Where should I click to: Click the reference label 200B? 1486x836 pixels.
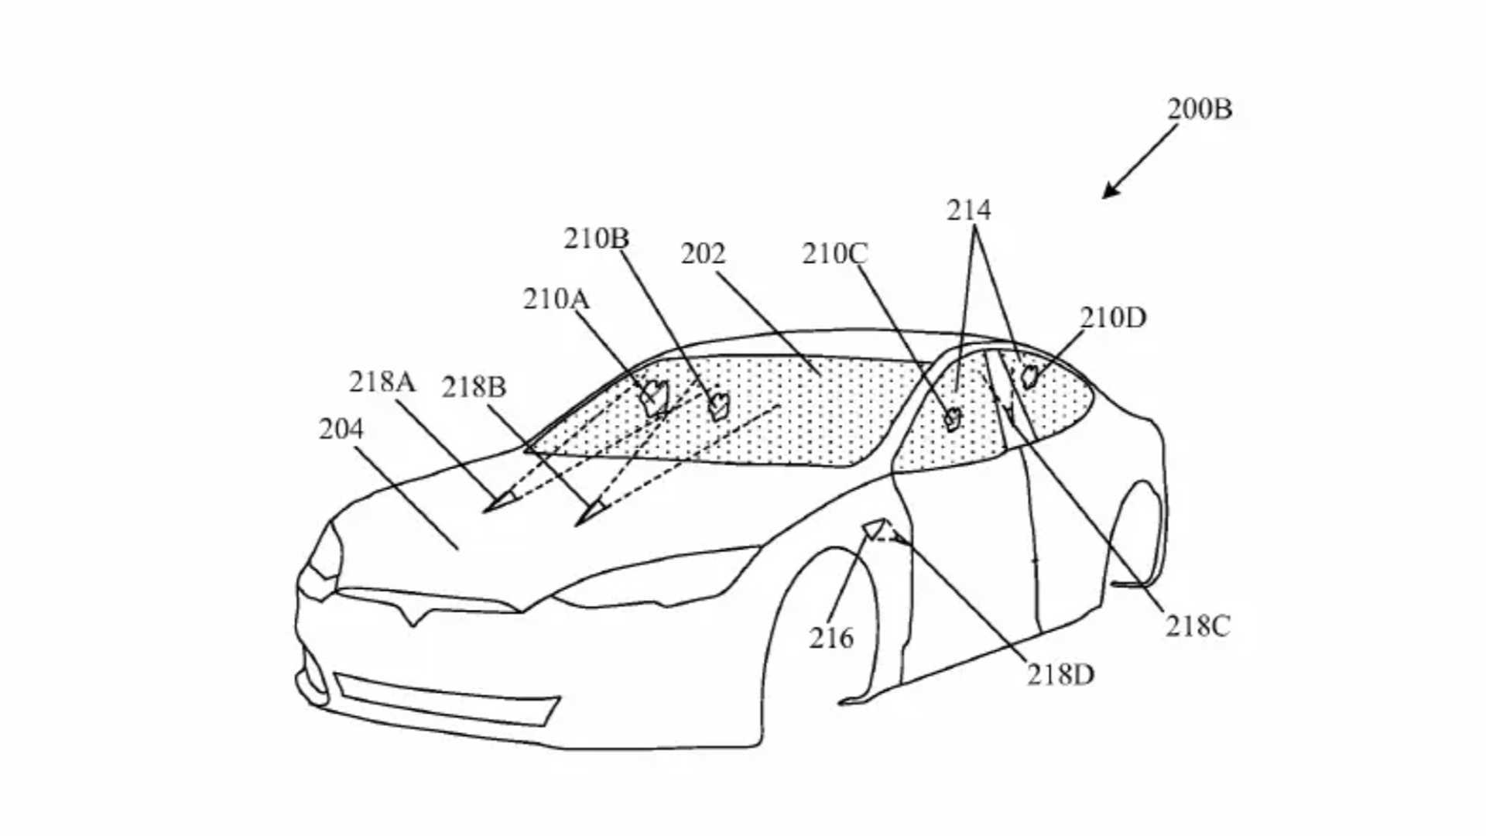[1199, 109]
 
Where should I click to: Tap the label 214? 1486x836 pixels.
[968, 211]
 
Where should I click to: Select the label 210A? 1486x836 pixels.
[556, 300]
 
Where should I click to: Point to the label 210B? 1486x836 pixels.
[596, 238]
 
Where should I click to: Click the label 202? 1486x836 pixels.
[703, 254]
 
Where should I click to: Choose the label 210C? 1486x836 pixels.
[834, 254]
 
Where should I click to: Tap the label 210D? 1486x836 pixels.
[1112, 317]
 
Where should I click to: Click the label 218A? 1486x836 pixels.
[382, 382]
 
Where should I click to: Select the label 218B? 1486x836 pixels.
[474, 387]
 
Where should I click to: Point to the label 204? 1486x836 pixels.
[341, 429]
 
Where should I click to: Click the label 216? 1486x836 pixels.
[831, 639]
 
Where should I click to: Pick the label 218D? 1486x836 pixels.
[1060, 676]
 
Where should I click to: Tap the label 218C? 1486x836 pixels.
[1197, 626]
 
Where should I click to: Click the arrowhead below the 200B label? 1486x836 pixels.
[1110, 191]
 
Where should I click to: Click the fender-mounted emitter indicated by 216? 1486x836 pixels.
[875, 529]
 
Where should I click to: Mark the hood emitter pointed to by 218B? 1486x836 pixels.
[591, 513]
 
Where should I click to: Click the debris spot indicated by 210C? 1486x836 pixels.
[952, 419]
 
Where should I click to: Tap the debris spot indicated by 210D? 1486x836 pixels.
[1029, 377]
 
